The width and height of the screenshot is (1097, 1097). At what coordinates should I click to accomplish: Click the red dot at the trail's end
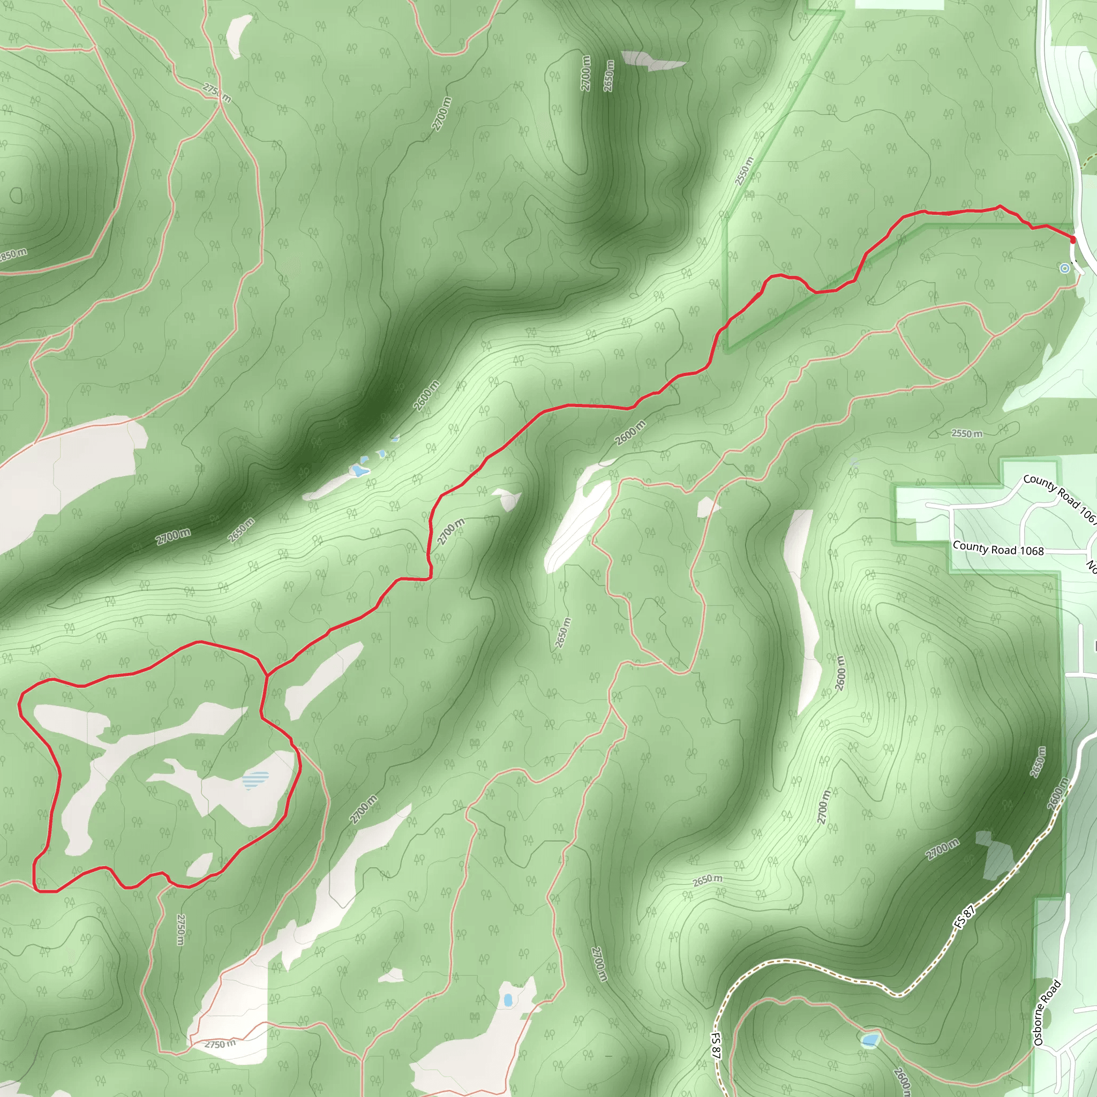point(1072,239)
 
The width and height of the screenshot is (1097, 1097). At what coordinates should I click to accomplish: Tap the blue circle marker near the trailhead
point(1065,268)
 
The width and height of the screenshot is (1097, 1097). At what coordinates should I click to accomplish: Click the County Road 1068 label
point(997,549)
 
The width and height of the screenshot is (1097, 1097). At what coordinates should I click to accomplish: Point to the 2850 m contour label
point(12,254)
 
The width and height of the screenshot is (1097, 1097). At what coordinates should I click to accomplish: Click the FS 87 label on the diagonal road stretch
point(964,917)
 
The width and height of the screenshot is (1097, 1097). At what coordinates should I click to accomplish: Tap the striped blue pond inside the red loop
point(256,779)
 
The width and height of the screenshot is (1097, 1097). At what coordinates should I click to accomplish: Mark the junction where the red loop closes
point(266,675)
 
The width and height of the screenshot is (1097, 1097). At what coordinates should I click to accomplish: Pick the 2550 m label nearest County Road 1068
point(966,434)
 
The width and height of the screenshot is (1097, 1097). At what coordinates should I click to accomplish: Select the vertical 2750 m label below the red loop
point(181,929)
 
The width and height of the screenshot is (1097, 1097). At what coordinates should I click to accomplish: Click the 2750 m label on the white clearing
point(220,1044)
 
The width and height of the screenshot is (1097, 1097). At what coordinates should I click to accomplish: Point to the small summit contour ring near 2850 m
point(16,196)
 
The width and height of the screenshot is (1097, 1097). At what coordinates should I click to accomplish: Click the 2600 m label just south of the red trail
point(630,433)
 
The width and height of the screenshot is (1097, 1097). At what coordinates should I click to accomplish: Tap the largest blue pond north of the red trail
point(358,470)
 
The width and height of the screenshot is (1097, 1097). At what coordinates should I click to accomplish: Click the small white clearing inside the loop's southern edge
point(199,865)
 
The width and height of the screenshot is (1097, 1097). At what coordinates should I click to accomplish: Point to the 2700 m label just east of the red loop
point(363,810)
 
